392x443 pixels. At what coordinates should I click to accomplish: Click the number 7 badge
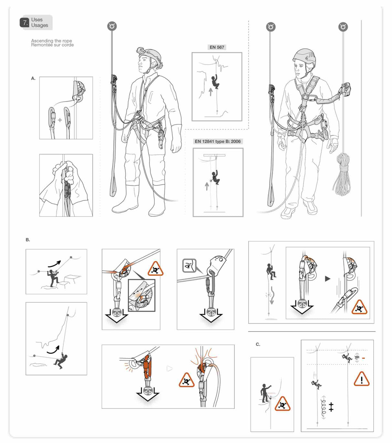[25, 23]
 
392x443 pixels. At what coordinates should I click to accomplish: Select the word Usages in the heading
[40, 26]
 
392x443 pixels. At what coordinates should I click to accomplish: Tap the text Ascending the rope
[51, 41]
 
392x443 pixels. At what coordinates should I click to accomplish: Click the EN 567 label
[217, 47]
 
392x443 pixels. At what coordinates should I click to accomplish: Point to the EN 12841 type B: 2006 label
[218, 141]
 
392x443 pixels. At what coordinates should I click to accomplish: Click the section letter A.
[33, 78]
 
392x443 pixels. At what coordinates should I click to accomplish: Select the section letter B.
[28, 240]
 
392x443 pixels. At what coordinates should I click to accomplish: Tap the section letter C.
[258, 344]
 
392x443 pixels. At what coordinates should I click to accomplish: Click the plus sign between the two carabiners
[60, 120]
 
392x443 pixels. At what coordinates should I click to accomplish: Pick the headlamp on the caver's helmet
[141, 50]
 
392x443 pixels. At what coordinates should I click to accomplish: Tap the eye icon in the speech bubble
[189, 265]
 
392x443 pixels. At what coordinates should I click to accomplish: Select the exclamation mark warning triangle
[361, 379]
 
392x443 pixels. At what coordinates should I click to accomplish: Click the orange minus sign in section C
[363, 358]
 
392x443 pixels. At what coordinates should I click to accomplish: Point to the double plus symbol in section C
[331, 407]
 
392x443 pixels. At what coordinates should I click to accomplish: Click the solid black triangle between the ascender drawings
[327, 279]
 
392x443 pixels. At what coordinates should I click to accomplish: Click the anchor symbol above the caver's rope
[112, 26]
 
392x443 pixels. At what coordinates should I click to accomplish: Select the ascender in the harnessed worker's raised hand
[346, 89]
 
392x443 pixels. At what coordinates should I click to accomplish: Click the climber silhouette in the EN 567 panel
[215, 82]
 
